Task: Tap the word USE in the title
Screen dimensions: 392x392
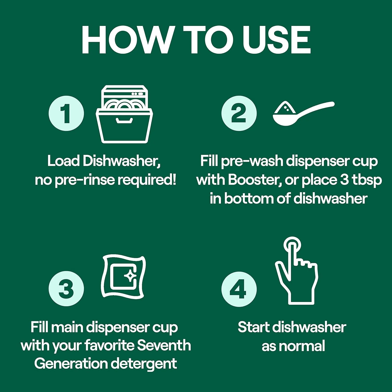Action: click(277, 40)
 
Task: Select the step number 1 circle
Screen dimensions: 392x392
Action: click(66, 113)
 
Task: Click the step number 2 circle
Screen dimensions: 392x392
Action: click(239, 113)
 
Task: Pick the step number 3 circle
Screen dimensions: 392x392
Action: click(66, 289)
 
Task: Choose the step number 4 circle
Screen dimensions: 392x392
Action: click(239, 289)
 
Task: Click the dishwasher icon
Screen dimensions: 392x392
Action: click(124, 114)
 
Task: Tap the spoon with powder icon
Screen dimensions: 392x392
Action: click(303, 113)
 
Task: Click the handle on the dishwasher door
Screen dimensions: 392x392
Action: click(124, 120)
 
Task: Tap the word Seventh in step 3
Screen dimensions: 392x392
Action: click(164, 345)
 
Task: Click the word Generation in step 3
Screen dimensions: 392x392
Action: click(71, 364)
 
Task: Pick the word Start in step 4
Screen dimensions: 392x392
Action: click(253, 327)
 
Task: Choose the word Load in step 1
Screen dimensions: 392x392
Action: click(64, 161)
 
